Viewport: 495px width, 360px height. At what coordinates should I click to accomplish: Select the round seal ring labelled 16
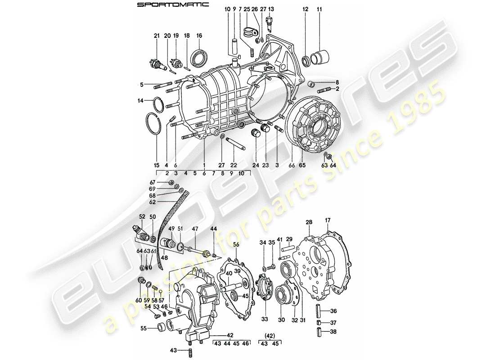click(x=200, y=58)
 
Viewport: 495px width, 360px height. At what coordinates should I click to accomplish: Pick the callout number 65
click(x=302, y=166)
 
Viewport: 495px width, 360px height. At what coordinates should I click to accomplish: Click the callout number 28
click(x=309, y=222)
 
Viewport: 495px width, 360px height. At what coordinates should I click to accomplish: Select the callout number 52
click(x=142, y=216)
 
